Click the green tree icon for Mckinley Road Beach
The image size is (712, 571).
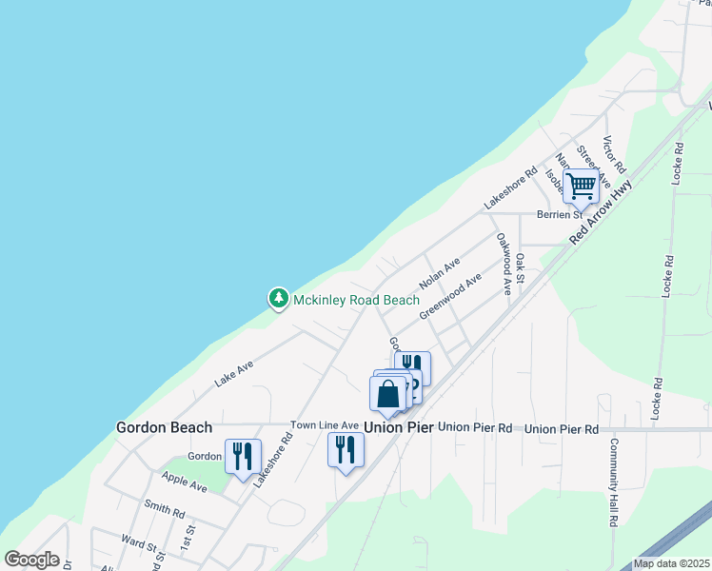tap(278, 300)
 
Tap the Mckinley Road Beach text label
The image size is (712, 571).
tap(356, 301)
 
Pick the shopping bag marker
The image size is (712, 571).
tap(388, 394)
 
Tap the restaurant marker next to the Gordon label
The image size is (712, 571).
tap(242, 457)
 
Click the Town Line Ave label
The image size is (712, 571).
tap(325, 425)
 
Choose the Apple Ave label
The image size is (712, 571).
tap(184, 482)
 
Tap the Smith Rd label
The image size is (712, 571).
tap(163, 510)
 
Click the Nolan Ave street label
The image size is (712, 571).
tap(440, 273)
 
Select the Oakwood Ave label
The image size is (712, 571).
tap(502, 264)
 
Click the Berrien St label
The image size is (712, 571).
tap(558, 215)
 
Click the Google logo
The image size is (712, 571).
tap(31, 560)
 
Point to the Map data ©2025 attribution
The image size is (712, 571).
tap(671, 563)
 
